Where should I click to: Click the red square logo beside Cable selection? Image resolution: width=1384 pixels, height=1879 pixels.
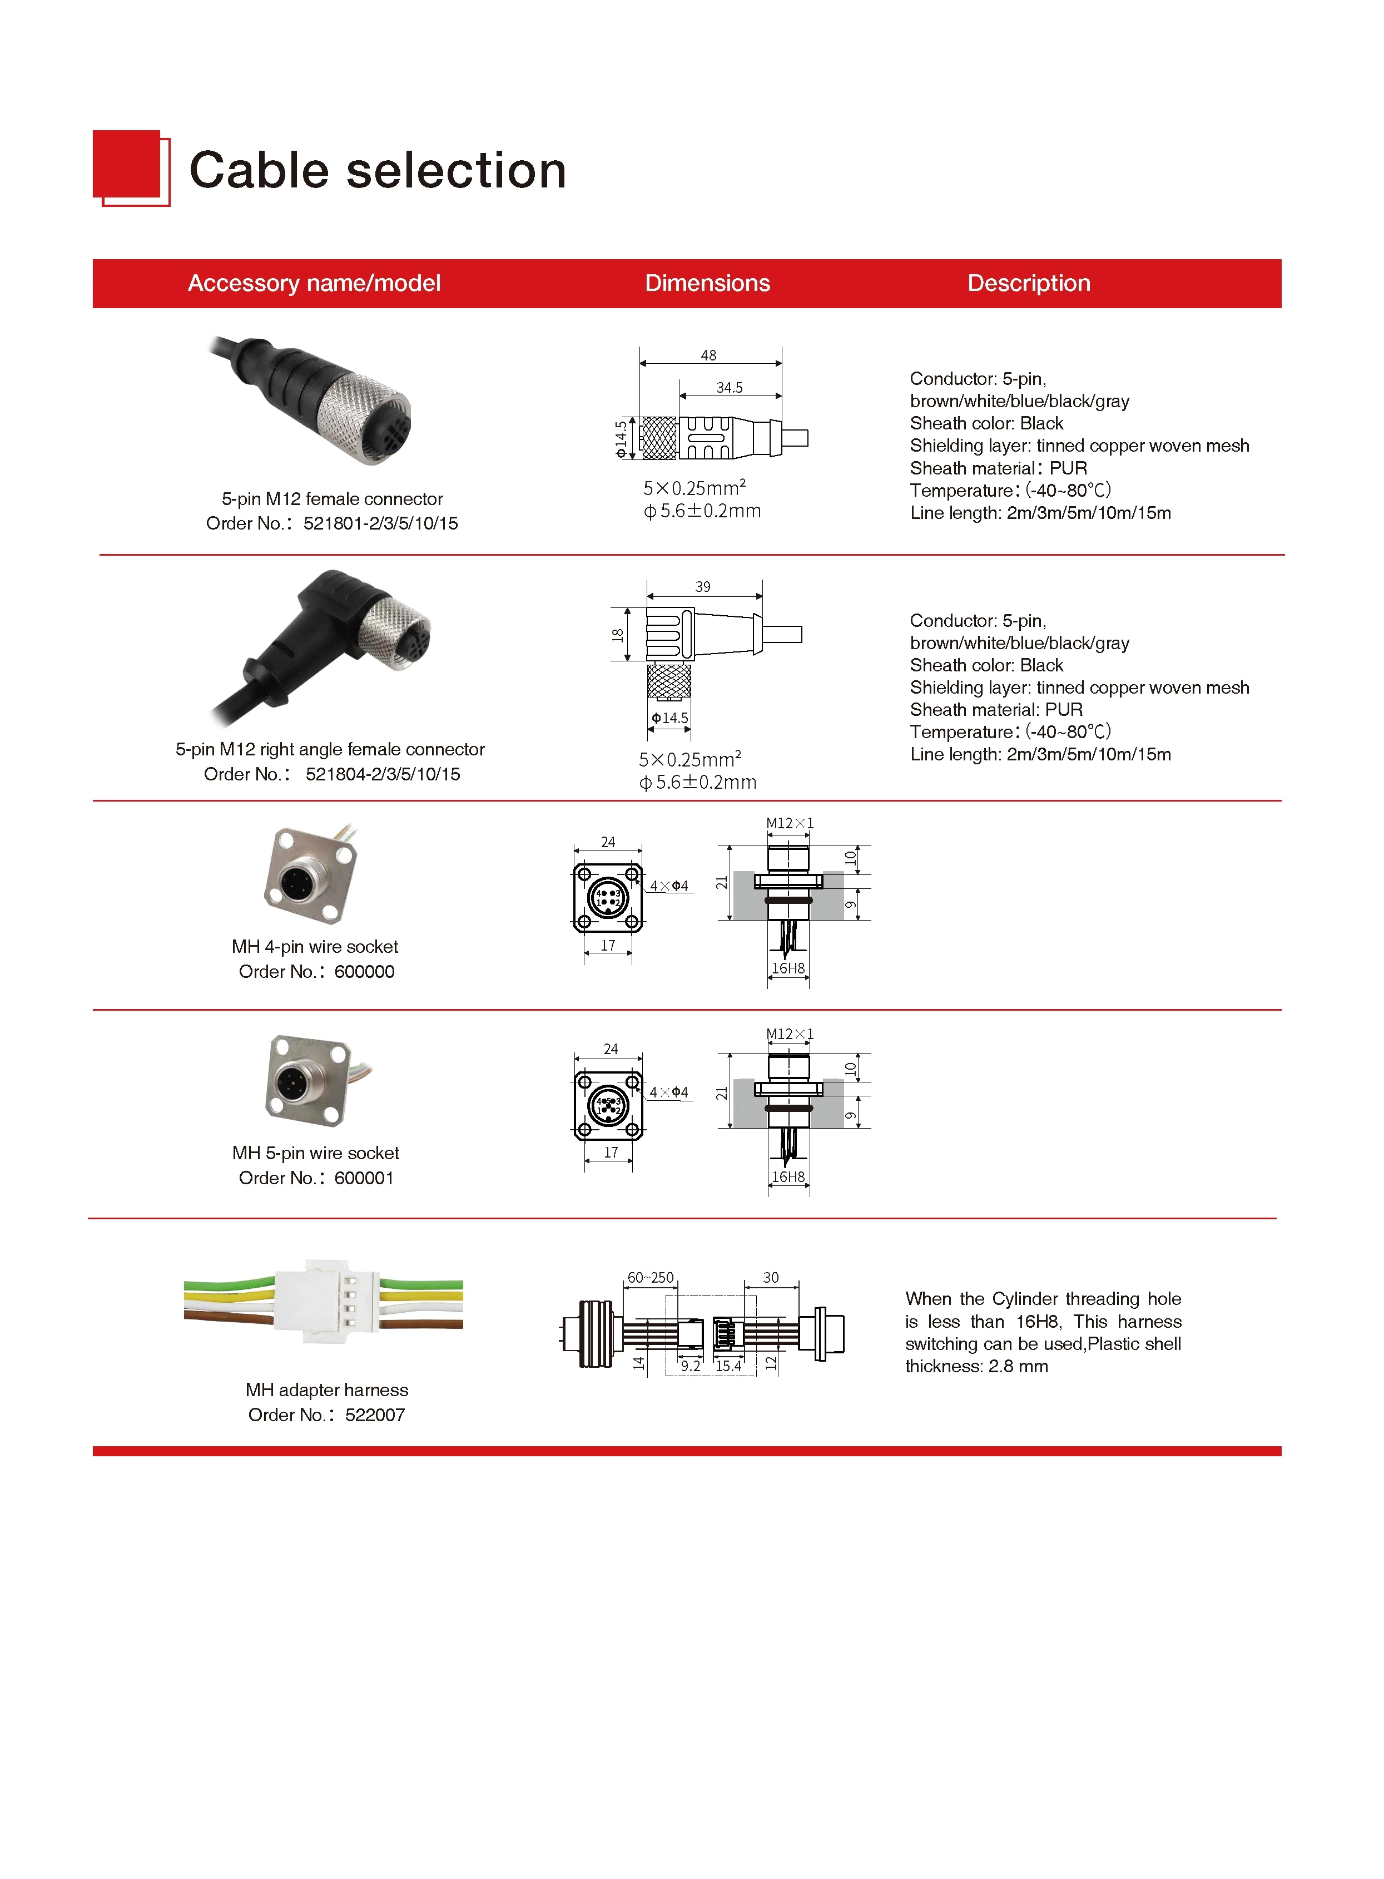pos(127,165)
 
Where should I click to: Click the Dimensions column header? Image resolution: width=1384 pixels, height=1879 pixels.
pos(707,283)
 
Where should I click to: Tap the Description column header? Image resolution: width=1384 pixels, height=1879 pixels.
pos(1028,283)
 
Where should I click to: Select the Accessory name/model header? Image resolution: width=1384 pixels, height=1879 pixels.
pos(314,283)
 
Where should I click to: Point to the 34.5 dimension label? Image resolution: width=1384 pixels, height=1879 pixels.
pos(729,387)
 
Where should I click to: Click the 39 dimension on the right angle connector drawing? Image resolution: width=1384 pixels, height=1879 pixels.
pos(702,587)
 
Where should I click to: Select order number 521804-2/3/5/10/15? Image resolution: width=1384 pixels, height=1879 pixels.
pos(383,774)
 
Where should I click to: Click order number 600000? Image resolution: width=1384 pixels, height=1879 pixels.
pos(364,972)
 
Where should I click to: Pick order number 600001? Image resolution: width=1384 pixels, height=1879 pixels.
pos(364,1178)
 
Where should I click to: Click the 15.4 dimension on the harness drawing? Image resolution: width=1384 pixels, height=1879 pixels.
pos(728,1366)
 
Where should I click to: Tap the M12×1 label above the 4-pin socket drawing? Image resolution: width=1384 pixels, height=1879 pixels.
pos(789,823)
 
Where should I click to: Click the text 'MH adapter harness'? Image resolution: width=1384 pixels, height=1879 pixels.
pos(327,1391)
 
